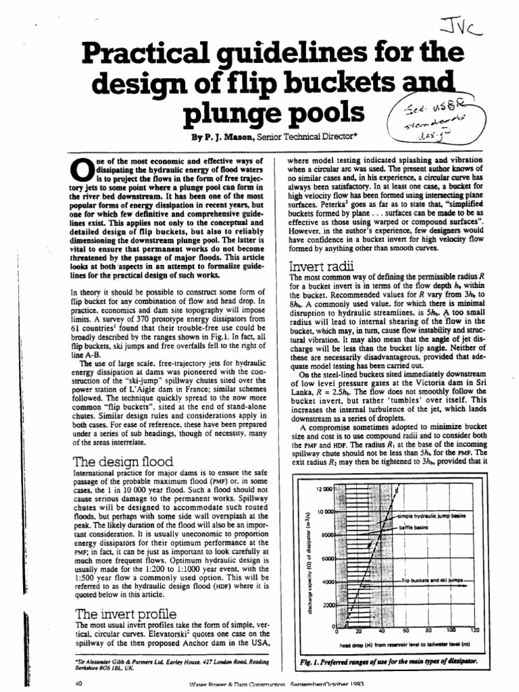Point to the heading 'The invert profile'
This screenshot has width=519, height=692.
[x=116, y=614]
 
